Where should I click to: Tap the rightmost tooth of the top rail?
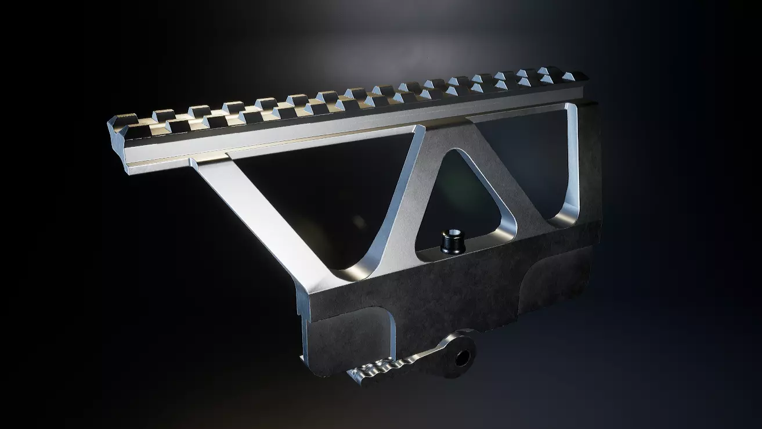tap(576, 76)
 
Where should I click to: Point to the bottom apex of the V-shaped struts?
tap(371, 273)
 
